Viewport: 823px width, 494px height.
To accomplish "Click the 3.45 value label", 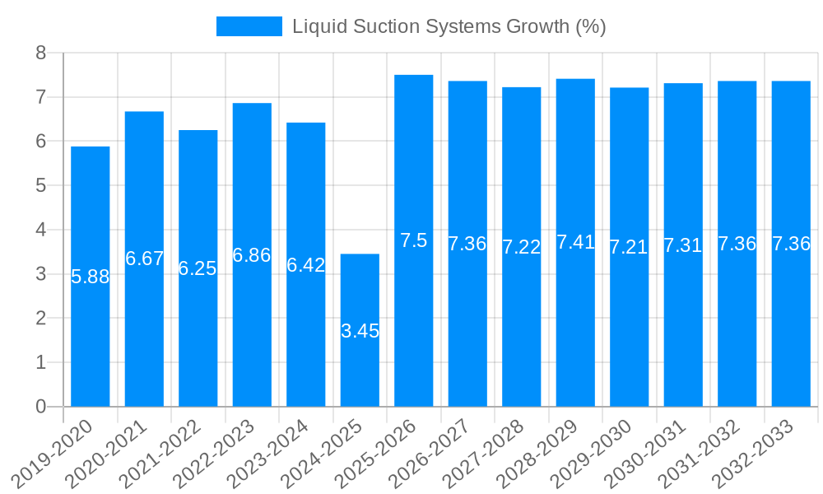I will [x=360, y=331].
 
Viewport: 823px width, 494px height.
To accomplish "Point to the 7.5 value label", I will [x=414, y=240].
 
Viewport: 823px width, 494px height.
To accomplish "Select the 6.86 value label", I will [x=252, y=255].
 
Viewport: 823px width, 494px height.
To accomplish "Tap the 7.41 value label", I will [x=575, y=242].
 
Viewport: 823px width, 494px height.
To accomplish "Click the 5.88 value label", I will [x=91, y=277].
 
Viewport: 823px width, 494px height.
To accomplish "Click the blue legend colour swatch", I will [x=249, y=26].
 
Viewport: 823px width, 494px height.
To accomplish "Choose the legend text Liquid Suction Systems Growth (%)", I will [x=449, y=26].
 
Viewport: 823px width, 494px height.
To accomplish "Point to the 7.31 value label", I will [x=683, y=245].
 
